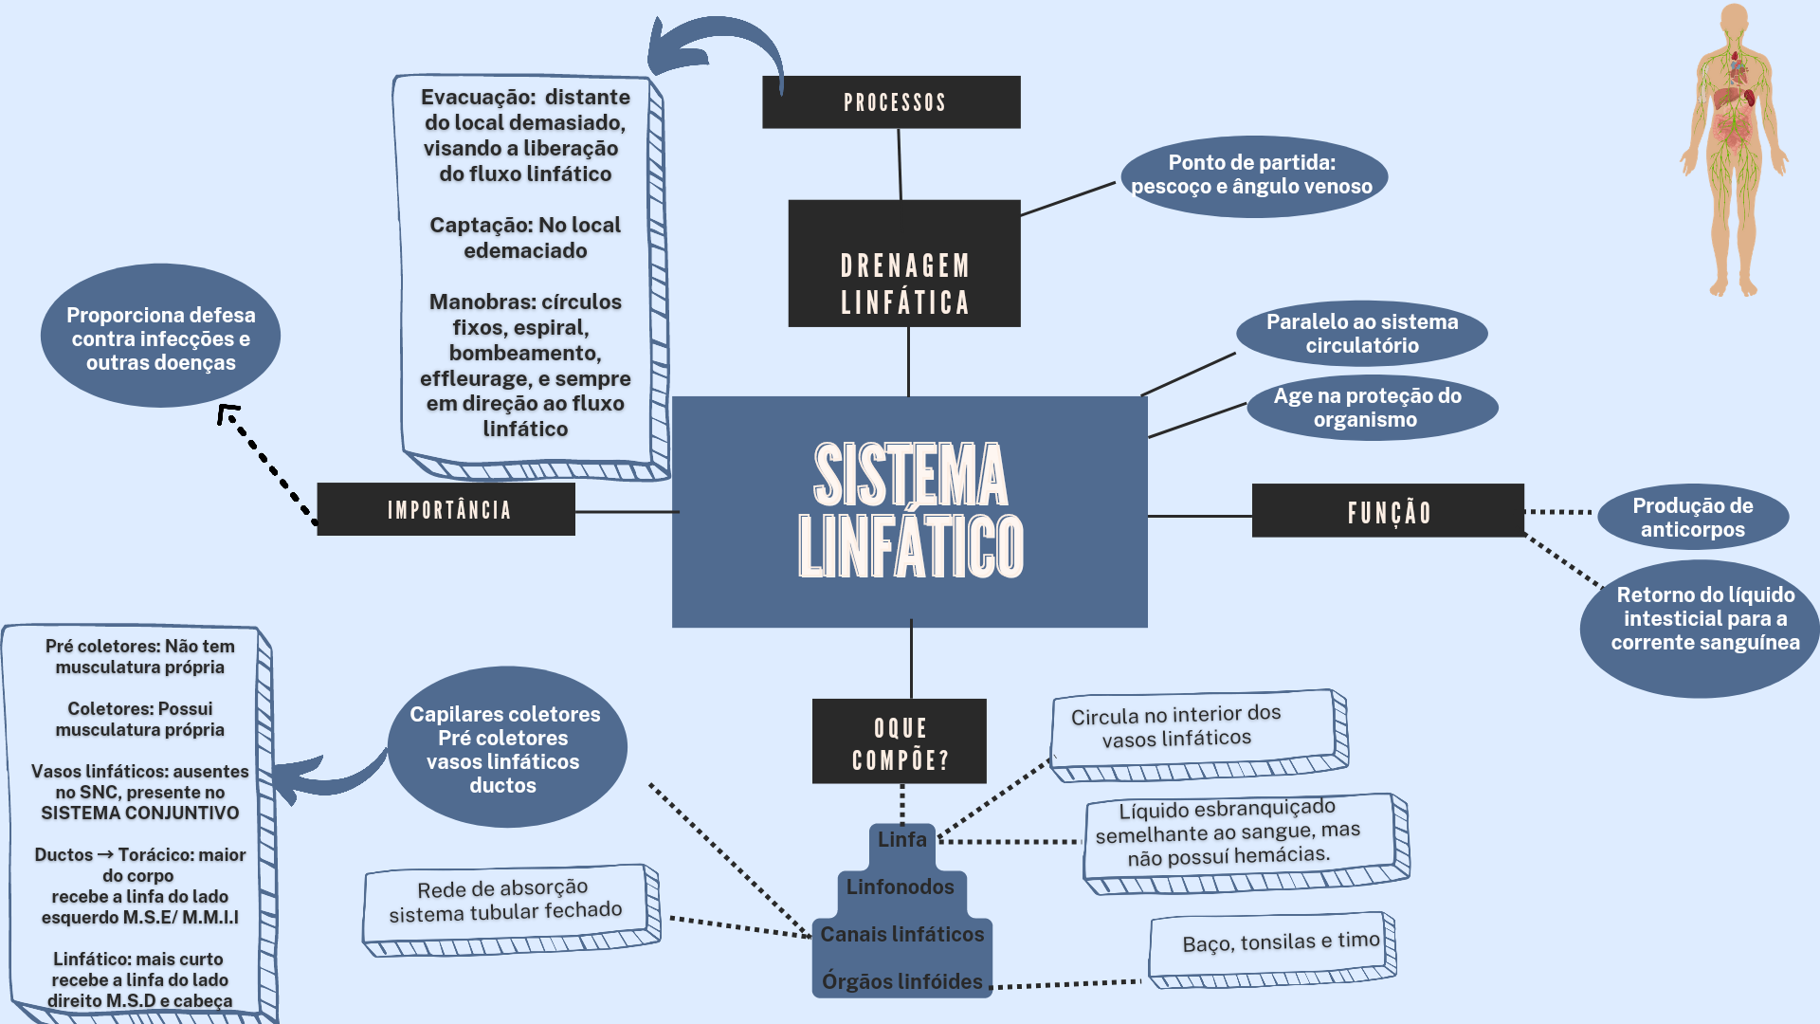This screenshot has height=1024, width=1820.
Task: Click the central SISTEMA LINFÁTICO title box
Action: click(x=910, y=511)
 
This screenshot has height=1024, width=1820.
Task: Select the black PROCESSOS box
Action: click(x=891, y=102)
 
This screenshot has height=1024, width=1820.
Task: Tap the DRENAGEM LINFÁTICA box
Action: click(x=904, y=264)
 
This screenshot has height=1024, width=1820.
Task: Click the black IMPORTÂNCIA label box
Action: click(x=446, y=509)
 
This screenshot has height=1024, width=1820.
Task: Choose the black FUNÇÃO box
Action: click(x=1388, y=511)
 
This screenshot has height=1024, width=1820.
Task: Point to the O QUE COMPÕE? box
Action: click(x=900, y=741)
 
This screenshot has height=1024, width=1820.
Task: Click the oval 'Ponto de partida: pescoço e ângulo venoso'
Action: click(x=1253, y=176)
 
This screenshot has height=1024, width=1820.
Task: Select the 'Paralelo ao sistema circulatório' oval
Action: click(x=1361, y=334)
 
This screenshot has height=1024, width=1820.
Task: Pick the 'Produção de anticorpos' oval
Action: click(x=1693, y=518)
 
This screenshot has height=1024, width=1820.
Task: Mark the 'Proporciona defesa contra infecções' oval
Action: click(x=161, y=337)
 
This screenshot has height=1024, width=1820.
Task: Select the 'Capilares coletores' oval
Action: click(x=507, y=747)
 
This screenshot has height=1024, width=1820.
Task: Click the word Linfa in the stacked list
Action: click(x=901, y=840)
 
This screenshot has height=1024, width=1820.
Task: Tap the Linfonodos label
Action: click(x=901, y=887)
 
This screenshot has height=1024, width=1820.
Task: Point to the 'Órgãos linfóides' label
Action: click(x=901, y=981)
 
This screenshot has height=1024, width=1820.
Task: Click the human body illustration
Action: click(x=1735, y=152)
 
